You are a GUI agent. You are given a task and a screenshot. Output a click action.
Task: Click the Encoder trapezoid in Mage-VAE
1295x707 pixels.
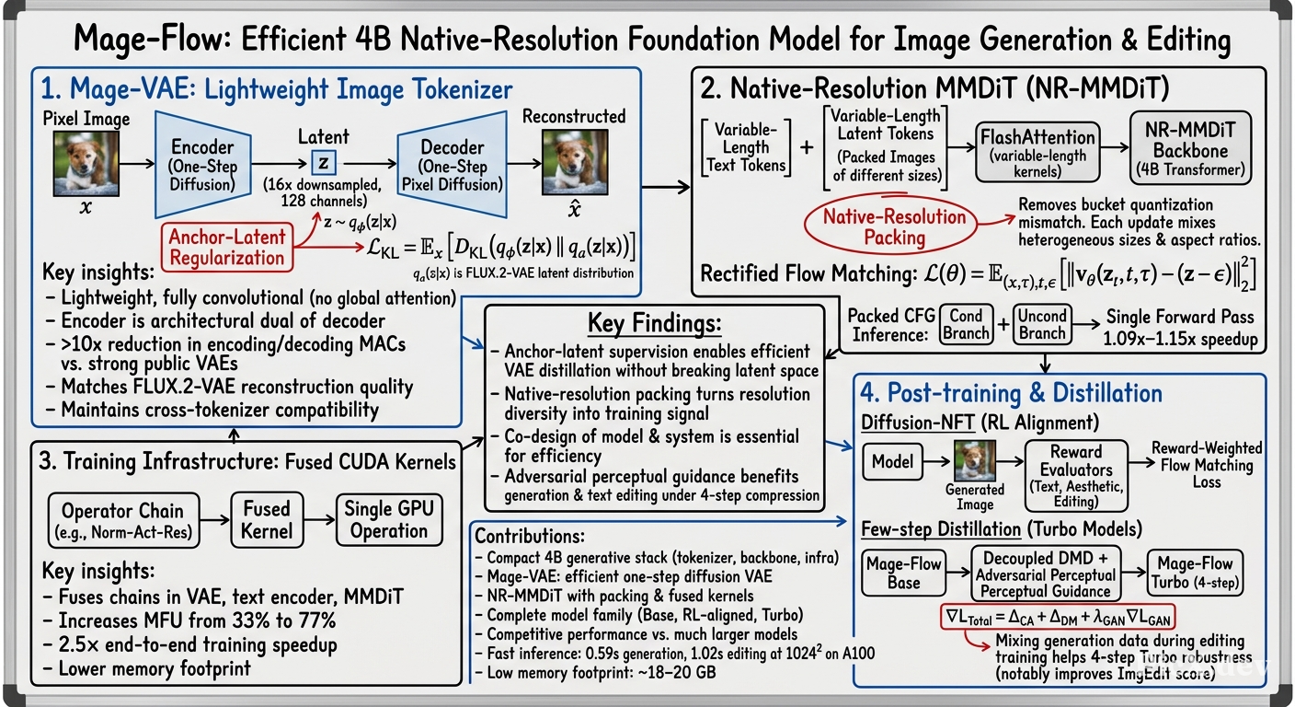point(203,165)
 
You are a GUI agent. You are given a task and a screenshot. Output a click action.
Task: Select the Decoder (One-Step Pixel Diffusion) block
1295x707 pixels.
point(453,165)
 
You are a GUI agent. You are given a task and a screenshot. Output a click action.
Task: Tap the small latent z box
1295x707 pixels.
point(323,163)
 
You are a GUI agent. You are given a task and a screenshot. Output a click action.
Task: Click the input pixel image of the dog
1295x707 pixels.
point(86,163)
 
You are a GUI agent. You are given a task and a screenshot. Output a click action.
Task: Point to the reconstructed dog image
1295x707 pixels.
point(575,162)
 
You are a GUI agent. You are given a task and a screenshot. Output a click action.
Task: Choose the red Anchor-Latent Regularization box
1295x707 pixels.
point(227,247)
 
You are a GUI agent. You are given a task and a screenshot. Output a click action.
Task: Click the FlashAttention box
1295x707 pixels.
point(1037,152)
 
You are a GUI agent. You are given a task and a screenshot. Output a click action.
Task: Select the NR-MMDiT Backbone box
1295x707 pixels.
point(1190,148)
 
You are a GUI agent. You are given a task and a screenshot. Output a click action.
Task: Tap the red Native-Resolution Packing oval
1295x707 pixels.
point(891,226)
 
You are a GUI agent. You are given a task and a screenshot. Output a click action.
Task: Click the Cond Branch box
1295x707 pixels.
point(966,325)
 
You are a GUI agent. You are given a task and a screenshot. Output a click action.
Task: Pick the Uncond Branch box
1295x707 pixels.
point(1042,325)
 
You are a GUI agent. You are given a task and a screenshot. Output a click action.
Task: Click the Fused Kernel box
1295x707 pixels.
point(267,519)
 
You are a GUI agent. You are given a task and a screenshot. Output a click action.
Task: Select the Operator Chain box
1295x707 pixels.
point(123,520)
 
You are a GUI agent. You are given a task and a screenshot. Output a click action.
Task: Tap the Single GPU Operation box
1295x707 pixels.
point(389,519)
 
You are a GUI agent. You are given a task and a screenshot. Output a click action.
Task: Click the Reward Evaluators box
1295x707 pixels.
point(1076,476)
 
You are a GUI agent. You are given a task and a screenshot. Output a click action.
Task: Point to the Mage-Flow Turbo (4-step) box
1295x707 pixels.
point(1195,573)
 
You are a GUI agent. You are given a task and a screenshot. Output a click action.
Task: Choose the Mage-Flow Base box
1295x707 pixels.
point(903,573)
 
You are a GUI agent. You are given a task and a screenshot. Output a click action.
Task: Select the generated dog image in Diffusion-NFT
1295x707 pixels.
point(975,460)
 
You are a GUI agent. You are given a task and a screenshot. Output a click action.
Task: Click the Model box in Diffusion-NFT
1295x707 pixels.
point(893,462)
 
